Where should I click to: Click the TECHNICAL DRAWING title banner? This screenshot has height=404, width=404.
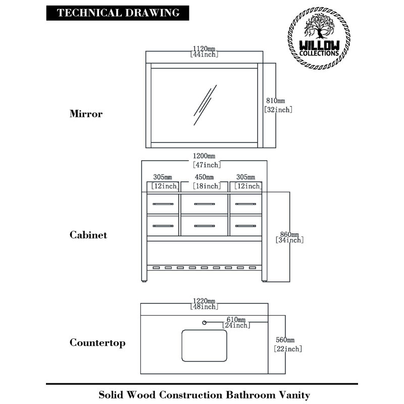(x=118, y=13)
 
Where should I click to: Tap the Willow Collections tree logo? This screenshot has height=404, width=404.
(x=319, y=38)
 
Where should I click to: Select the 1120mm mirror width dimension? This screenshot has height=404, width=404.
(x=204, y=52)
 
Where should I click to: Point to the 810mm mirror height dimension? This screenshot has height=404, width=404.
(x=278, y=105)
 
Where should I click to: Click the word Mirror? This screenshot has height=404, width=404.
(x=86, y=114)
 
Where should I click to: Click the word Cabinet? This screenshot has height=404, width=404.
(x=88, y=235)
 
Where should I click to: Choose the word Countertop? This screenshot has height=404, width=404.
(x=97, y=343)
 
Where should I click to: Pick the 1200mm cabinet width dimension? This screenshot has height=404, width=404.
(x=207, y=160)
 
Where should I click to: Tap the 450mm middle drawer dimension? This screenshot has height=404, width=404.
(x=207, y=181)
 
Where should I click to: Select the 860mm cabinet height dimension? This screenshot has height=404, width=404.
(x=289, y=237)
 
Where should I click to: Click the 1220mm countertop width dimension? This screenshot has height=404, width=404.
(x=204, y=304)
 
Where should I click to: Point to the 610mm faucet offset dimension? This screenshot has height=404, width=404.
(x=236, y=323)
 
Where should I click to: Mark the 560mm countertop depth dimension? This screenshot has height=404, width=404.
(x=287, y=344)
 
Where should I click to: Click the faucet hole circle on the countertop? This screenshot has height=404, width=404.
(x=204, y=323)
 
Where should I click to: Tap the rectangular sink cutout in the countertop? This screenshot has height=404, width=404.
(x=205, y=345)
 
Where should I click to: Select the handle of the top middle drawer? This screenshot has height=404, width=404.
(x=205, y=204)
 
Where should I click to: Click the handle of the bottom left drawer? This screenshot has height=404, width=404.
(x=163, y=226)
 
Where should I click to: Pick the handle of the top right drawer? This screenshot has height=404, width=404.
(x=245, y=204)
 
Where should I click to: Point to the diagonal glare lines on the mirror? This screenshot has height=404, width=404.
(x=205, y=105)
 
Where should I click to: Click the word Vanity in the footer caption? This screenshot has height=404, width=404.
(x=294, y=395)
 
